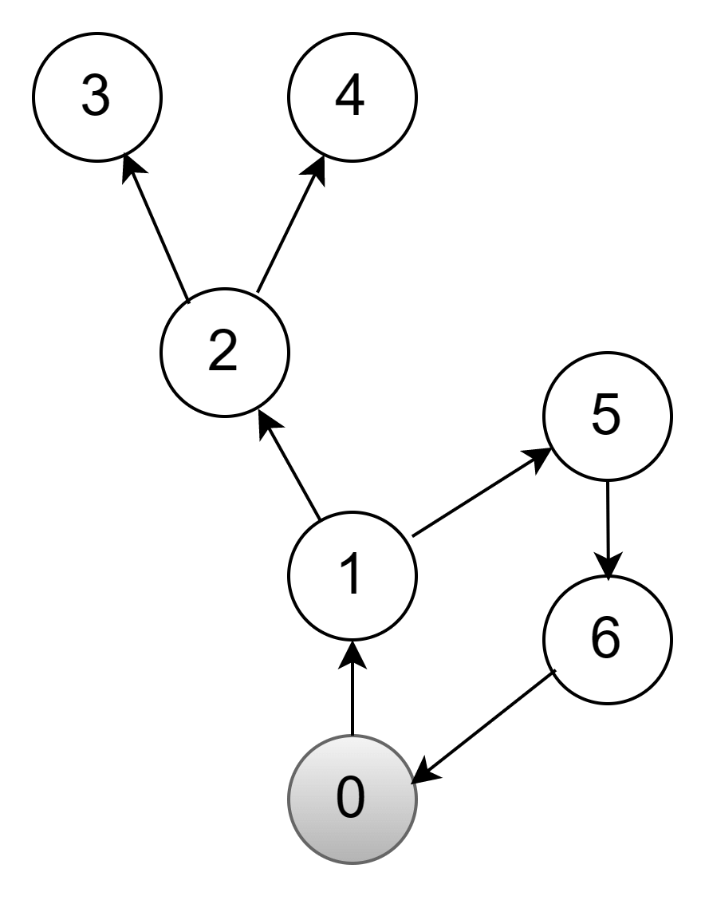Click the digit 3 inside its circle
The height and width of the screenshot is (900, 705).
click(96, 97)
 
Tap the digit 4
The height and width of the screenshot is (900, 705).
click(350, 97)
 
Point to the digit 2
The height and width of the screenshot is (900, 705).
click(223, 351)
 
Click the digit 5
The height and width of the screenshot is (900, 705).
click(605, 415)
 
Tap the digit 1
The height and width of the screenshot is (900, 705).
click(351, 574)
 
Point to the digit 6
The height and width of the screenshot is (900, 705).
click(605, 638)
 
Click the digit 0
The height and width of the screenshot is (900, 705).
click(351, 798)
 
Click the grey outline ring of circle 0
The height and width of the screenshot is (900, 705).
click(289, 799)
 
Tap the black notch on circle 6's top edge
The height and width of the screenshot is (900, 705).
click(609, 579)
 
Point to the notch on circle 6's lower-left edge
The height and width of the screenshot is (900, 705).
click(554, 672)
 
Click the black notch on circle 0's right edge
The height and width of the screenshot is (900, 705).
click(413, 784)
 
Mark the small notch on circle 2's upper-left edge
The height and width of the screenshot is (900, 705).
click(188, 303)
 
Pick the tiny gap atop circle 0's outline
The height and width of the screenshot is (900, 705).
click(352, 736)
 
